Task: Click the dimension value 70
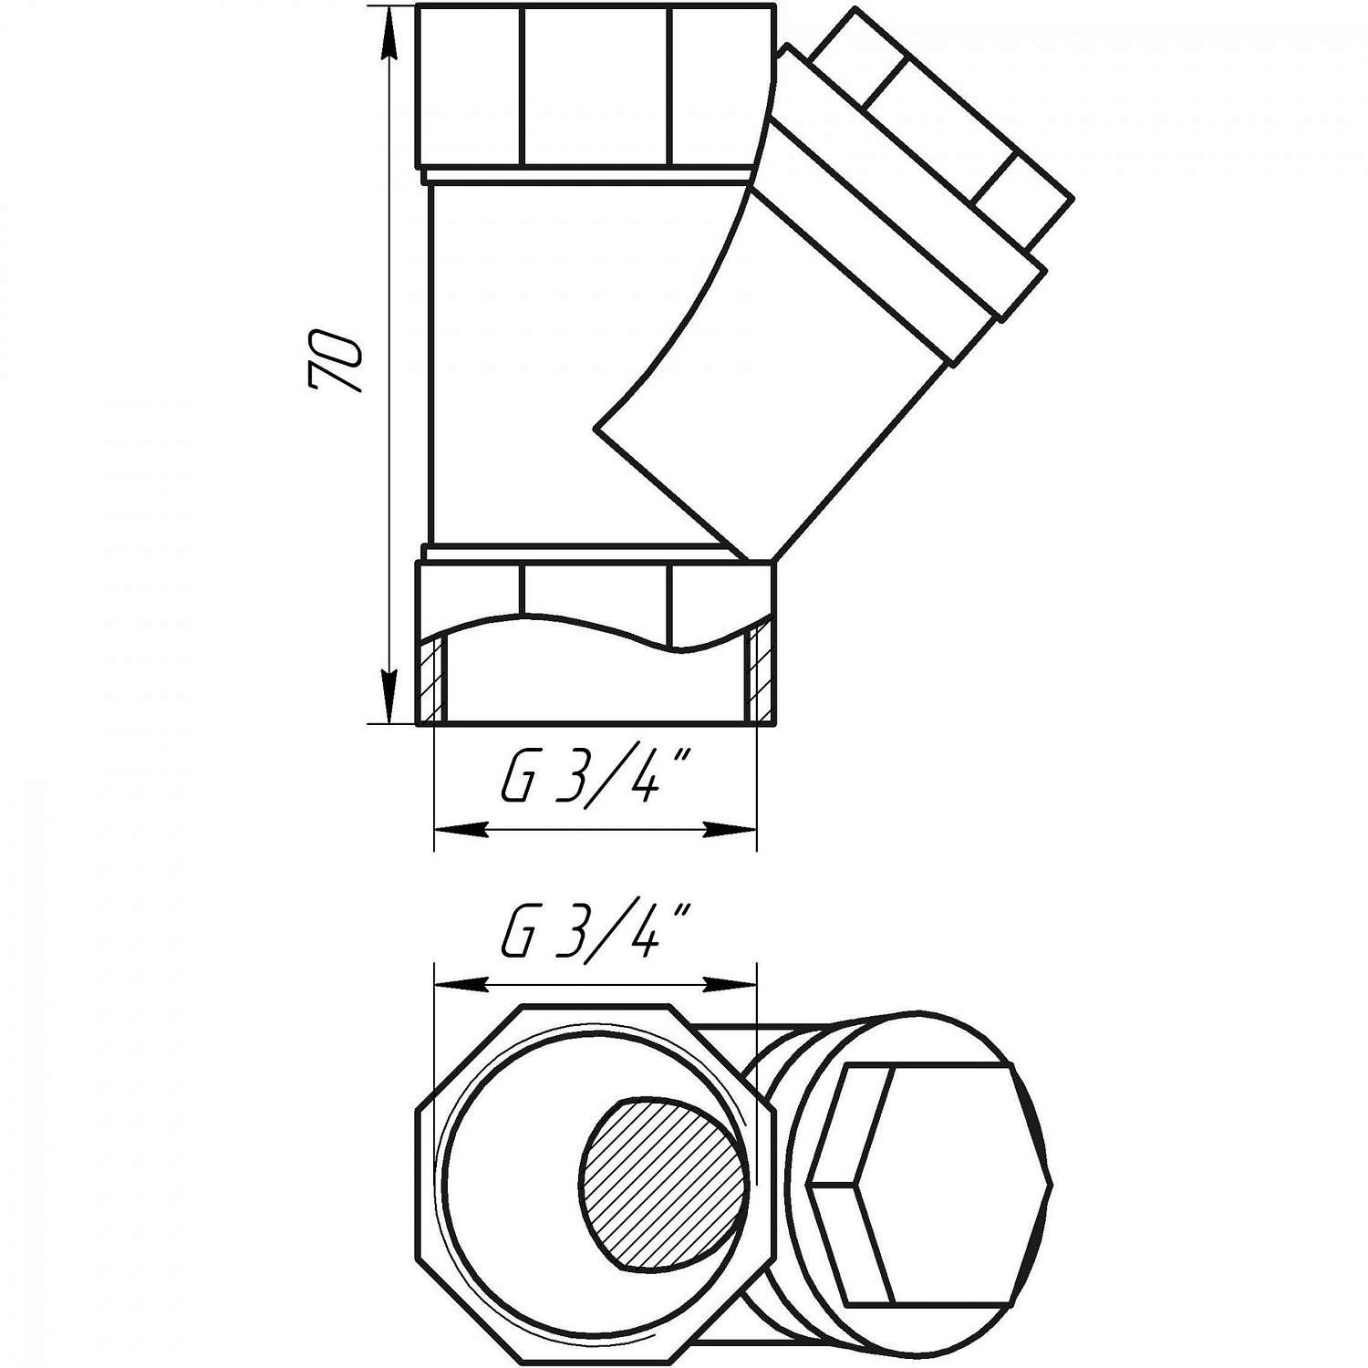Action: [336, 362]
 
